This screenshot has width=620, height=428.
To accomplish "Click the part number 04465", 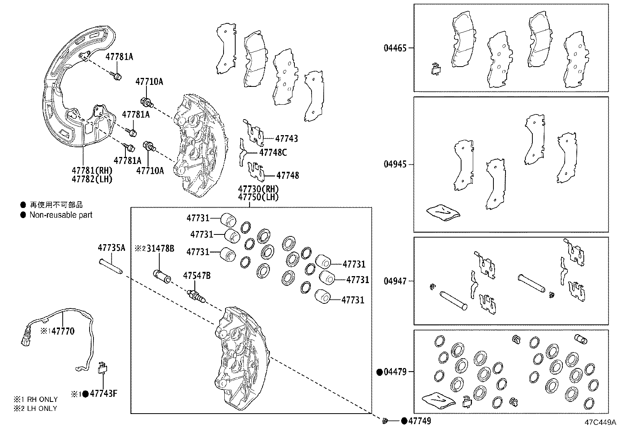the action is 395,48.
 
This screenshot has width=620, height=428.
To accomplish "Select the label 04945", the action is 395,164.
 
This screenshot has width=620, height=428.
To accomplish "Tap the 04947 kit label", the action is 395,281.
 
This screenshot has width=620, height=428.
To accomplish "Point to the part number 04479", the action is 395,372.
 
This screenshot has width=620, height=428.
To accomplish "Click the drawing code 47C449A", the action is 600,422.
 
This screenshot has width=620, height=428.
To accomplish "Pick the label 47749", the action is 419,421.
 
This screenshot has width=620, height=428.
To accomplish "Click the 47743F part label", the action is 104,393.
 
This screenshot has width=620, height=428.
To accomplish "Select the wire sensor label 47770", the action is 63,331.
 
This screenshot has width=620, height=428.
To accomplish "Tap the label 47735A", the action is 111,248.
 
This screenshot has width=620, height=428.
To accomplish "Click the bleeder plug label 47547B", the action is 197,275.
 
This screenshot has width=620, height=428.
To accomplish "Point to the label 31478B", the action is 160,248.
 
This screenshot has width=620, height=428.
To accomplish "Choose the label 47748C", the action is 273,152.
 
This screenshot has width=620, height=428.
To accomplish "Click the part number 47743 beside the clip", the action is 287,138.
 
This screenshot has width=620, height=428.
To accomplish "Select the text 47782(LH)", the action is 92,180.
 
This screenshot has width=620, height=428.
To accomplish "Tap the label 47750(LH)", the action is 258,197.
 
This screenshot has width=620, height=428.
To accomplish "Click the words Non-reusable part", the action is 61,215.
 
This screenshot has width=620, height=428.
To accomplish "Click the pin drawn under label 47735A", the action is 111,266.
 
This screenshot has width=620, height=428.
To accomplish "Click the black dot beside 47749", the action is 404,421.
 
